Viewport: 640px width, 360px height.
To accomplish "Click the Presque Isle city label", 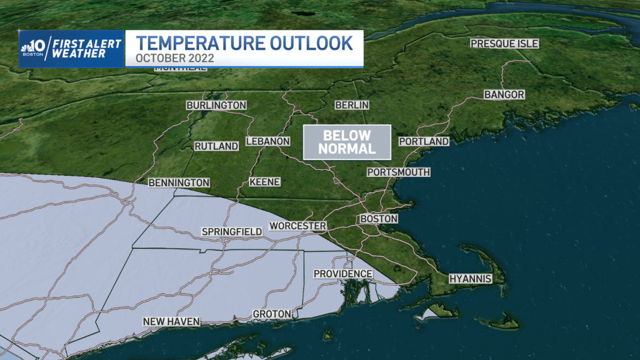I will [504, 44].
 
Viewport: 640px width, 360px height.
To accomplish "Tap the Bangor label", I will [504, 95].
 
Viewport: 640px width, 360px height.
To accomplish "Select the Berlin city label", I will [352, 105].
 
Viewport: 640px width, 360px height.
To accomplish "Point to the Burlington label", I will [216, 105].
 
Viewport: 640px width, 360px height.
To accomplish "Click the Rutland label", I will [216, 146].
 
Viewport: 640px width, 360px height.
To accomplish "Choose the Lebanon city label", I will [267, 141].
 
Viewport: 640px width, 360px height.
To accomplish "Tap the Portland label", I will [424, 142].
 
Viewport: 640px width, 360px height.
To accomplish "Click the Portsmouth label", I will [399, 172].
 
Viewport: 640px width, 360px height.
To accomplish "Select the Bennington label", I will [179, 182].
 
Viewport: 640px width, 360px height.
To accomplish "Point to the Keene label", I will [265, 182].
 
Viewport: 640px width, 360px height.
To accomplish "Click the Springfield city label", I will [231, 231].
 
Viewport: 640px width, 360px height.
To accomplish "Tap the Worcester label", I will [298, 226].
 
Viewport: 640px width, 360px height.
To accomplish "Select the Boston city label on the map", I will [379, 218].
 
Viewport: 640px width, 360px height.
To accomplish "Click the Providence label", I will [343, 273].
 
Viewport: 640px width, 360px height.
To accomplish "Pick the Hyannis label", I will [470, 279].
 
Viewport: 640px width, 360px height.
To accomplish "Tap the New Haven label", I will [172, 322].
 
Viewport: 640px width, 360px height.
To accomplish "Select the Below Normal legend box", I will [347, 142].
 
